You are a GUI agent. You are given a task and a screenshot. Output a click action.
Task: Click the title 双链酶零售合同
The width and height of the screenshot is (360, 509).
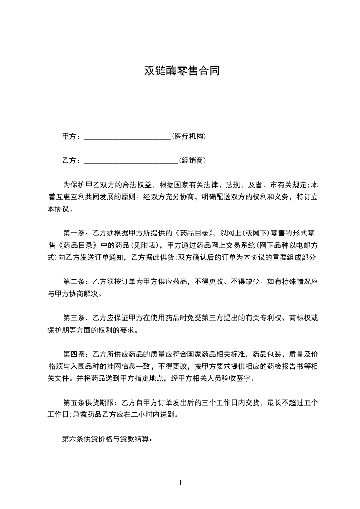tap(182, 71)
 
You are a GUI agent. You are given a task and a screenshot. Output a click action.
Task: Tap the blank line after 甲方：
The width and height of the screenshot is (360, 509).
tap(127, 137)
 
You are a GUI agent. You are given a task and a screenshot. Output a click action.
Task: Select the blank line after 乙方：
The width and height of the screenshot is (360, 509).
tap(131, 161)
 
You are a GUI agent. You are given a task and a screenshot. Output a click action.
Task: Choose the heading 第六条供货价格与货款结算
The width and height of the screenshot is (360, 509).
tap(107, 439)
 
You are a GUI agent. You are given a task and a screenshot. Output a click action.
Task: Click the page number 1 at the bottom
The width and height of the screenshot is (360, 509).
tap(180, 483)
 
